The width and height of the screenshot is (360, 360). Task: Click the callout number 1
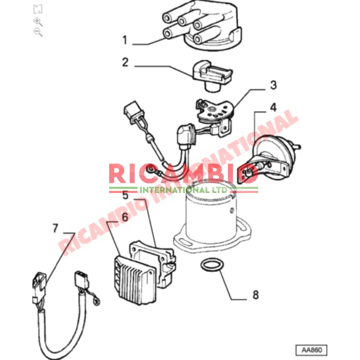pos(125,40)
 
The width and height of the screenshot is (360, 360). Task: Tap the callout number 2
pos(125,62)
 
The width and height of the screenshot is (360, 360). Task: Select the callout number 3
pos(273,85)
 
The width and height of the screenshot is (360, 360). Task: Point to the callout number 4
pos(274,107)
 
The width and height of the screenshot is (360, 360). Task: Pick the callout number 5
pos(125,195)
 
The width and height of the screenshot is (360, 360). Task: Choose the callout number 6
pos(125,217)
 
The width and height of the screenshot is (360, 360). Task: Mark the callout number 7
pos(55,228)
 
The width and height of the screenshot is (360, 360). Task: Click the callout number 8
pos(256,295)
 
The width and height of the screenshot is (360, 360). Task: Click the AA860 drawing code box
pos(311,350)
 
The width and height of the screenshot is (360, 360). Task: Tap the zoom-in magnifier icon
pos(38,22)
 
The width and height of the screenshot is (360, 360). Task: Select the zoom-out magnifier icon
pos(38,32)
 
